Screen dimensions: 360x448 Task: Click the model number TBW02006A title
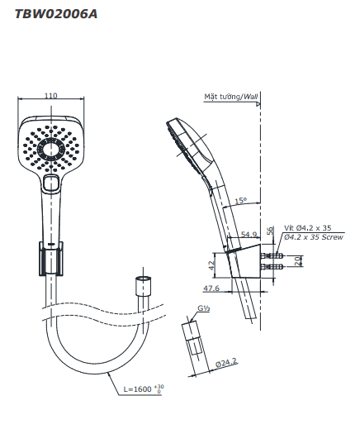[56, 14]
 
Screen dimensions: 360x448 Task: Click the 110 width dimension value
[50, 95]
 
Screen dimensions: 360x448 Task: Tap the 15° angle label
[240, 201]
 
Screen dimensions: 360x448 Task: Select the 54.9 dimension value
[249, 235]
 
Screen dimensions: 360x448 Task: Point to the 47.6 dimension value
[211, 288]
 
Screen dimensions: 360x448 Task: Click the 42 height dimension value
[211, 265]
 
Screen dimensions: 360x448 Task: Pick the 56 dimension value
[270, 231]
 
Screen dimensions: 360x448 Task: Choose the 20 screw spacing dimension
[298, 261]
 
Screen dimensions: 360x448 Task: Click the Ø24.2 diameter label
[226, 363]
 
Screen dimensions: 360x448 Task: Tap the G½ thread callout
[204, 308]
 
